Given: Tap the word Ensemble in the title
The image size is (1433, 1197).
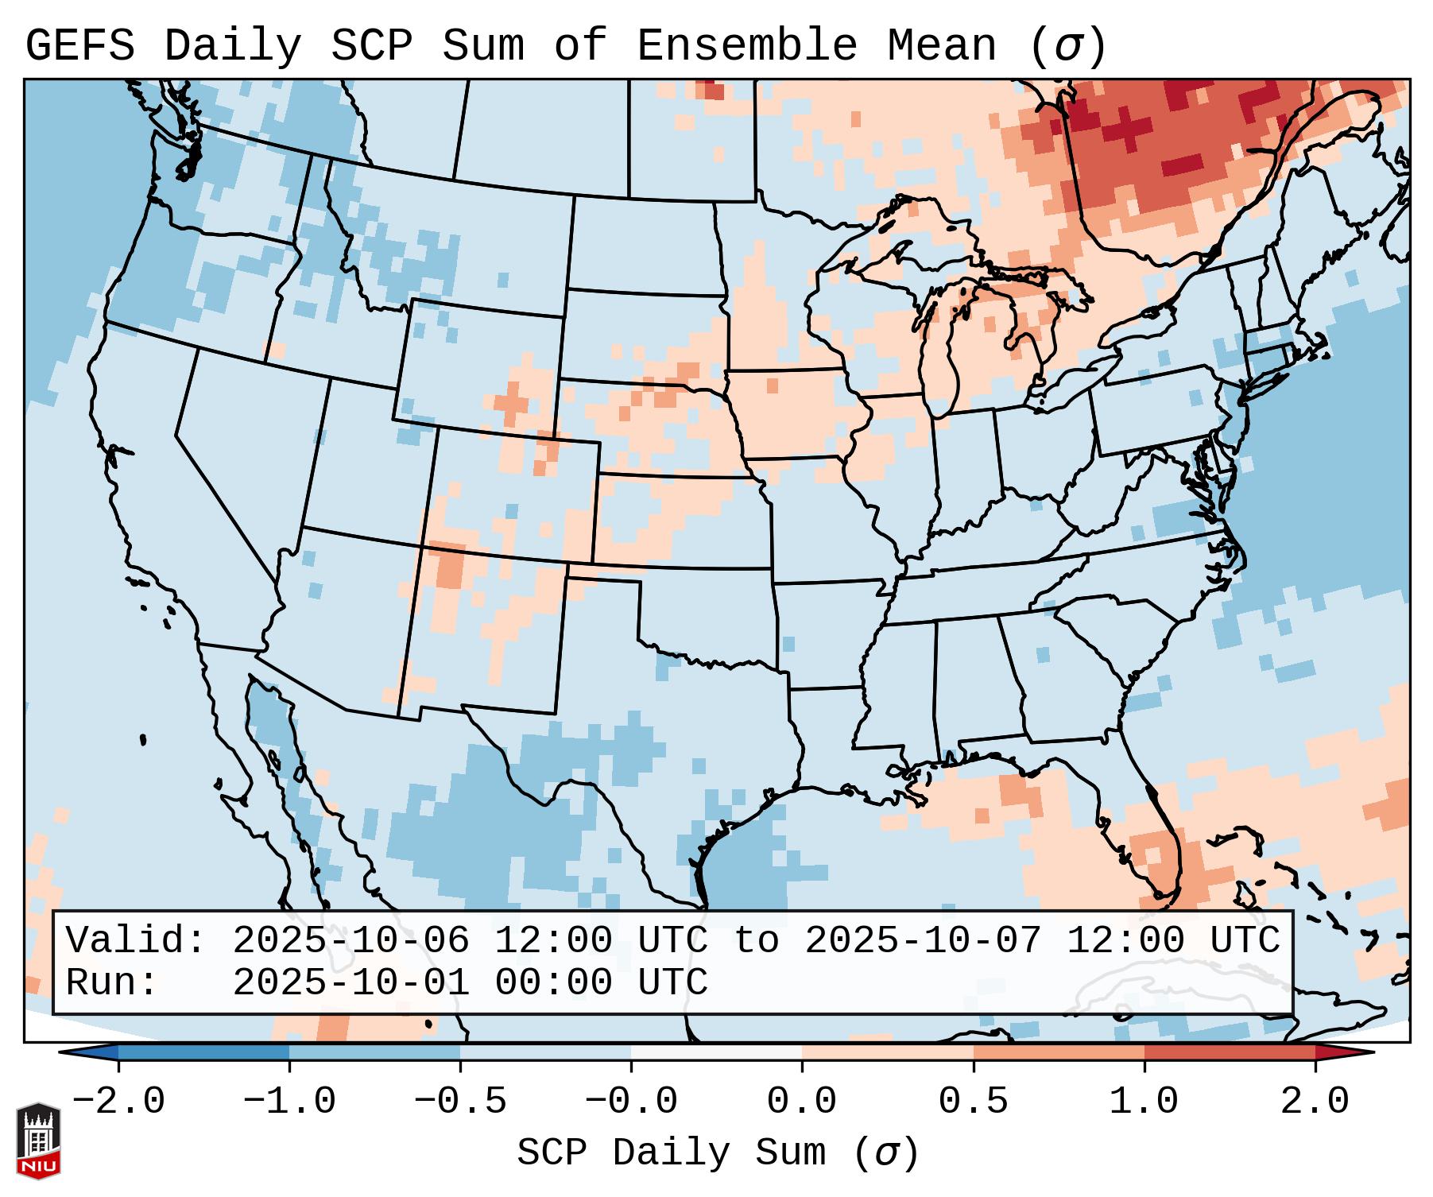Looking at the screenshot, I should (x=747, y=46).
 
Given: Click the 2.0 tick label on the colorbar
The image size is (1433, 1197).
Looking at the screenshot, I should (x=1315, y=1102).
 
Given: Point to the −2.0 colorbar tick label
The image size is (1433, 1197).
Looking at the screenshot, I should (x=118, y=1102).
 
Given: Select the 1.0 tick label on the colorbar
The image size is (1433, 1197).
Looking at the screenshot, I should (x=1144, y=1102).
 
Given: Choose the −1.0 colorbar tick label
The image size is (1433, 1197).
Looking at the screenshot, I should (x=289, y=1102).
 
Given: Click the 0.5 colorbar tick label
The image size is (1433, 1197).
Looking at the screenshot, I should (x=974, y=1102).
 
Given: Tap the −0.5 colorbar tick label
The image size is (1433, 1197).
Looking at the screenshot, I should (x=460, y=1102).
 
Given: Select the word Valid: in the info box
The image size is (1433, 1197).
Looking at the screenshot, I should (x=136, y=941).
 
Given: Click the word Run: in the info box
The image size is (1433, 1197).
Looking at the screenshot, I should (x=111, y=983).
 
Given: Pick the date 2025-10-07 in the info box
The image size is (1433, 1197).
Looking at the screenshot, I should (x=923, y=941).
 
